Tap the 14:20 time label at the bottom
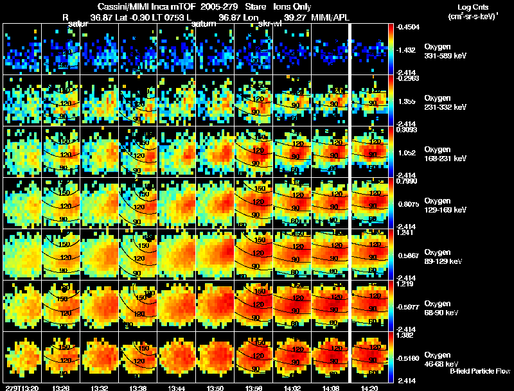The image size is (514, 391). tap(369, 388)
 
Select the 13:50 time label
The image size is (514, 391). tap(215, 388)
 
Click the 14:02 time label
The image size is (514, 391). tap(292, 388)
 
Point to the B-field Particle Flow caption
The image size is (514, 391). tap(480, 371)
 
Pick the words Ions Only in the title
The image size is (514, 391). tap(292, 6)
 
